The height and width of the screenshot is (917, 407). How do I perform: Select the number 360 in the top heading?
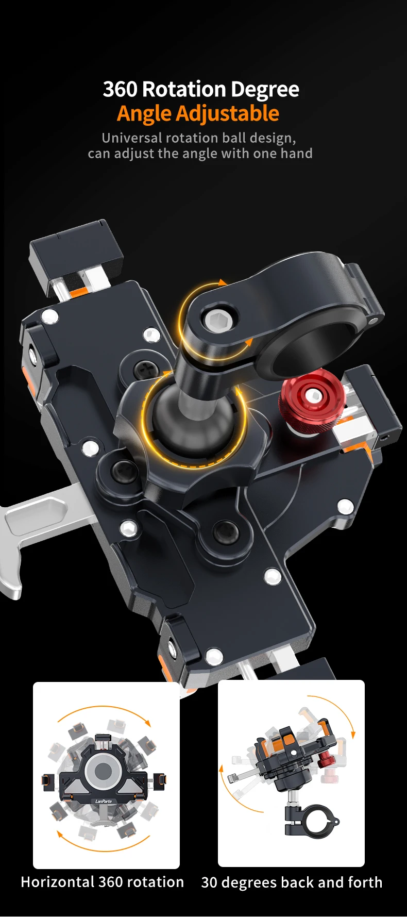pos(120,89)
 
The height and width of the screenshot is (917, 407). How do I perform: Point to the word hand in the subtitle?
pos(296,154)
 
